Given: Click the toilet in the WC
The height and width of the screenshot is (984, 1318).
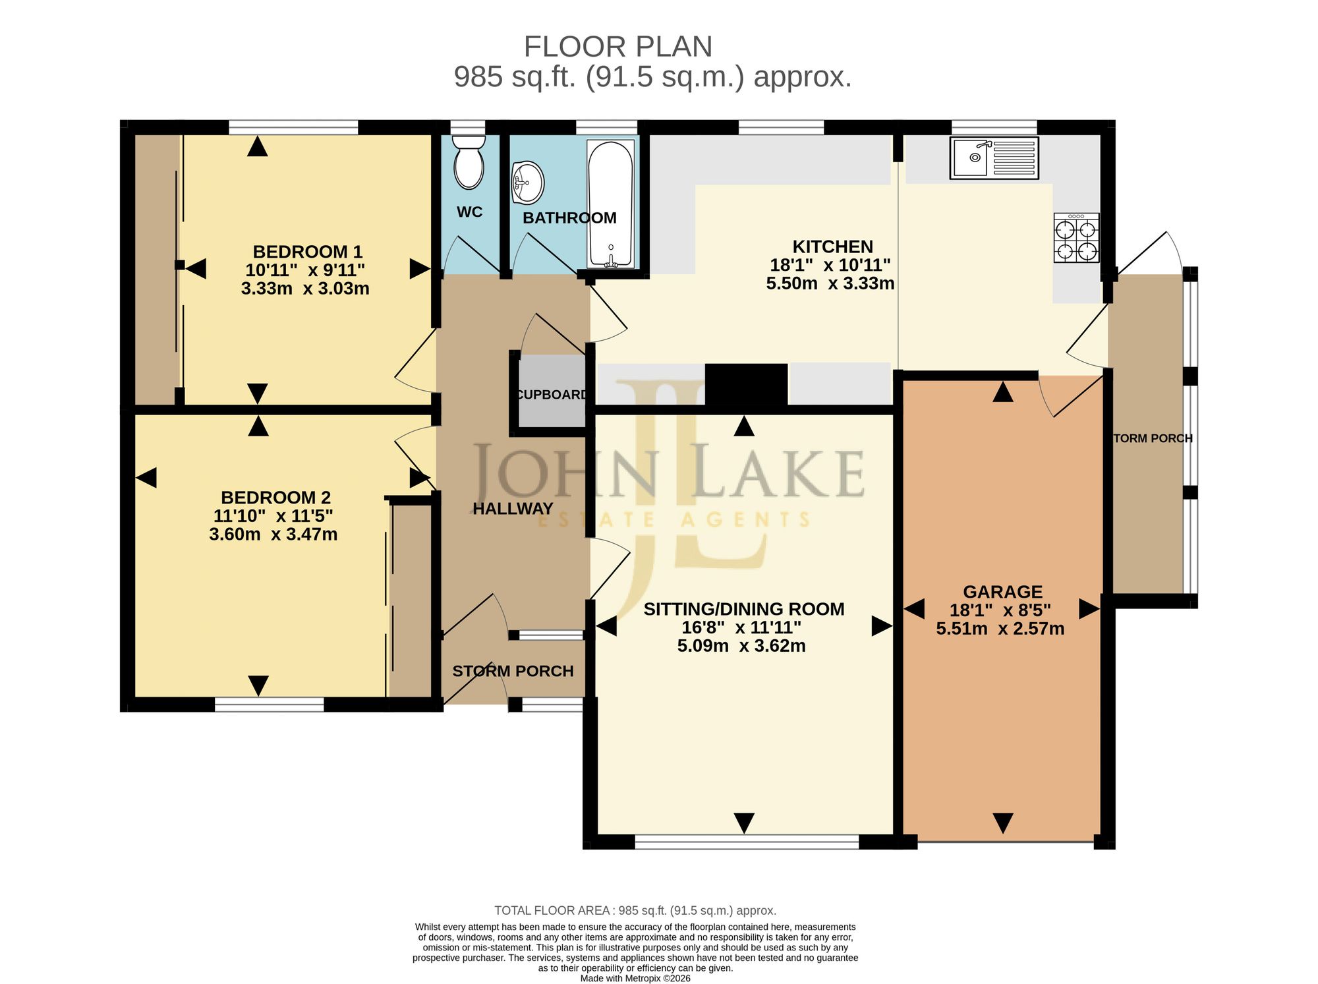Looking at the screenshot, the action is tap(469, 162).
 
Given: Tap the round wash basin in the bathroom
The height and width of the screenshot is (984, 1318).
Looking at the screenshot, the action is tap(527, 183).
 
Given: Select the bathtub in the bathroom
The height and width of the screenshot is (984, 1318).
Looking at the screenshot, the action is tap(611, 204).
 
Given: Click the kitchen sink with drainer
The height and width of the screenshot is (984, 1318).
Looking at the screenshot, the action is tap(994, 158).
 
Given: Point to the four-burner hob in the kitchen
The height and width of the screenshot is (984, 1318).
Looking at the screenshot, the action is tap(1076, 238).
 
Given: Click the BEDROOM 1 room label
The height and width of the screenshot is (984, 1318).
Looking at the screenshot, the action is tap(308, 252).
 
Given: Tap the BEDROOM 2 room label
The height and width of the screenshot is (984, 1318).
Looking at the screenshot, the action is tap(275, 498).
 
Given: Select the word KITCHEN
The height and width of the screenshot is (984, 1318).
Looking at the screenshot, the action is tap(832, 246).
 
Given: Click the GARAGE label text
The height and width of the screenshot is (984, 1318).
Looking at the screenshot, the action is tap(1002, 592).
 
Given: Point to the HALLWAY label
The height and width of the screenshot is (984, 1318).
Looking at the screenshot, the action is tap(513, 509).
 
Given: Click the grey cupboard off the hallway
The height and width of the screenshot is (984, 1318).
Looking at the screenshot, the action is tap(552, 391).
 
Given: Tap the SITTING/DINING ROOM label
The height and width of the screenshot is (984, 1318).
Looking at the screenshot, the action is tap(744, 609).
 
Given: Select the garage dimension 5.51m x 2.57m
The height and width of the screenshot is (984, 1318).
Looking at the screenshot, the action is tap(1000, 629).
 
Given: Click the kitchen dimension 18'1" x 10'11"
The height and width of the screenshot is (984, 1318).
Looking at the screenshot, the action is tap(830, 265).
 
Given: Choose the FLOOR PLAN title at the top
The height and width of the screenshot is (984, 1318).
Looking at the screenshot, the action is tap(618, 47).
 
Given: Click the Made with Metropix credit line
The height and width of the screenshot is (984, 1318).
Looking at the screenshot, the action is tap(635, 978).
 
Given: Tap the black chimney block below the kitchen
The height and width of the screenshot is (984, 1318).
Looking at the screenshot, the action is tap(746, 385).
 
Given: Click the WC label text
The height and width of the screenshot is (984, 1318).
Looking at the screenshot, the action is tap(469, 212).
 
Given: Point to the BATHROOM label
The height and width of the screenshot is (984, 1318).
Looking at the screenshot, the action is tap(569, 218).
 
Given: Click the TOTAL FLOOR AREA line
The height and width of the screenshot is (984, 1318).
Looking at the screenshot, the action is tap(635, 911).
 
